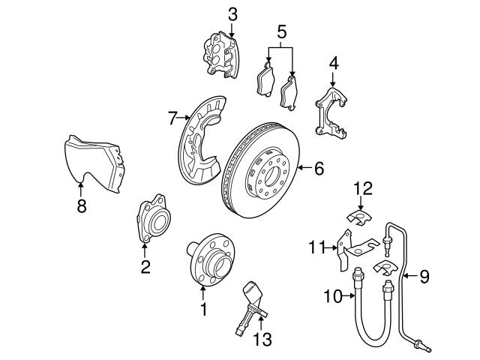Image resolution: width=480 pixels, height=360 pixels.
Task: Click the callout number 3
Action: [232, 13]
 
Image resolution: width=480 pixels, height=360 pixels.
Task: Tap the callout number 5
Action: [281, 31]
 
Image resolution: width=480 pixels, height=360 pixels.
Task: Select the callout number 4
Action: [333, 63]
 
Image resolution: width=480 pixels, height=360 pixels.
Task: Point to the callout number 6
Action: [319, 169]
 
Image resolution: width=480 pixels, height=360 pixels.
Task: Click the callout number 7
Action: [172, 118]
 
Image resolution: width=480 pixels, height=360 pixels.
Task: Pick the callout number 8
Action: [81, 206]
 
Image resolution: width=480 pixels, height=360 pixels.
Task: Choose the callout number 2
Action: [145, 265]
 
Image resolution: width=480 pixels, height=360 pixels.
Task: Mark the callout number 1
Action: [202, 308]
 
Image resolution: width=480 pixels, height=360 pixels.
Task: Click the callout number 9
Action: [424, 277]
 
